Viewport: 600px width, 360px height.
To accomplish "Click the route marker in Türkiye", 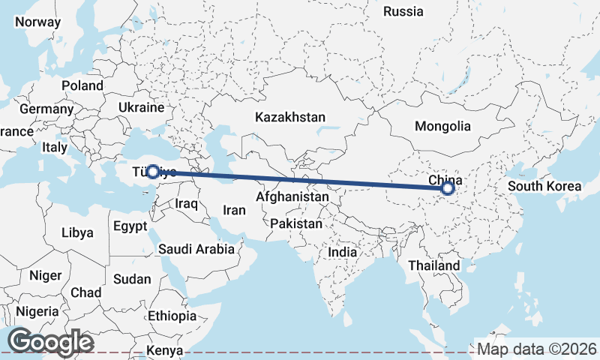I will pyautogui.click(x=152, y=172).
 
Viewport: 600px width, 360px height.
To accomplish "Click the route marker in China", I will pyautogui.click(x=448, y=188).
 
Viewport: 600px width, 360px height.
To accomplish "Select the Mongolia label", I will pyautogui.click(x=442, y=127).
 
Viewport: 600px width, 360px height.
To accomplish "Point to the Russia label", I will pyautogui.click(x=403, y=11).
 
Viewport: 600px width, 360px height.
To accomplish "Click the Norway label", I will pyautogui.click(x=37, y=22).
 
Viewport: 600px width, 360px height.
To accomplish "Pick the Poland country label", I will pyautogui.click(x=82, y=86).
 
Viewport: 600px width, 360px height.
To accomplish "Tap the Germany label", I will pyautogui.click(x=46, y=109).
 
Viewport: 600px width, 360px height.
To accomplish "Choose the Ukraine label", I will pyautogui.click(x=140, y=108).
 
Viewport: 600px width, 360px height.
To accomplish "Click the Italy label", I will pyautogui.click(x=55, y=148).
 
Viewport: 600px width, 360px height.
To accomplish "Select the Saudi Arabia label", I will pyautogui.click(x=197, y=248).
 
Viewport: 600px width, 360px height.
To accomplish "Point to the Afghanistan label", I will pyautogui.click(x=292, y=196).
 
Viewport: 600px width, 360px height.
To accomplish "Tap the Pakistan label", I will pyautogui.click(x=296, y=223).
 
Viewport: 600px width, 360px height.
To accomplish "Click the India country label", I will pyautogui.click(x=343, y=253).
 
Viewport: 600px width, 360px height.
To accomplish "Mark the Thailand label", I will pyautogui.click(x=433, y=265).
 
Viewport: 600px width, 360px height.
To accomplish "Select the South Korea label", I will pyautogui.click(x=544, y=186).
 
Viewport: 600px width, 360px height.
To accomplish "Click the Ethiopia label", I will pyautogui.click(x=172, y=316).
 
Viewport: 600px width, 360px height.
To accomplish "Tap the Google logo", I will pyautogui.click(x=50, y=342).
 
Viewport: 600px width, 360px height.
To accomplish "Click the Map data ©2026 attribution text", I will pyautogui.click(x=537, y=349).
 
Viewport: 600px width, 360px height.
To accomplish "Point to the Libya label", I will pyautogui.click(x=77, y=232).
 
